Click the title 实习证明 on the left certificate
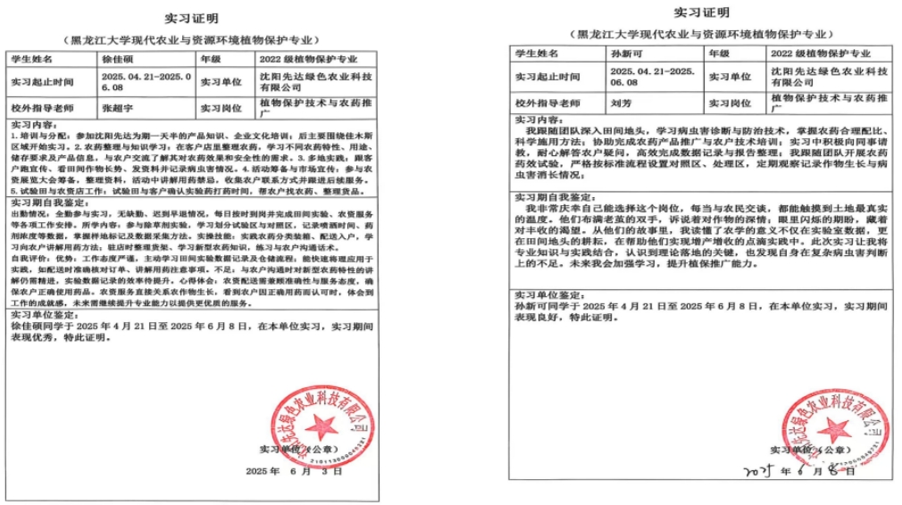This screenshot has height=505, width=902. (189, 18)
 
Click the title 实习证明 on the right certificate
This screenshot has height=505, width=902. (701, 12)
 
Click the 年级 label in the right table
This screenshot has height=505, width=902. (719, 54)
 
